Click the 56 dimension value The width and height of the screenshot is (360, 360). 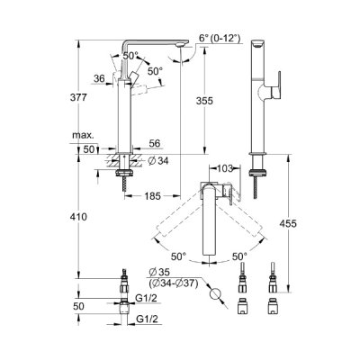(154, 144)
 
